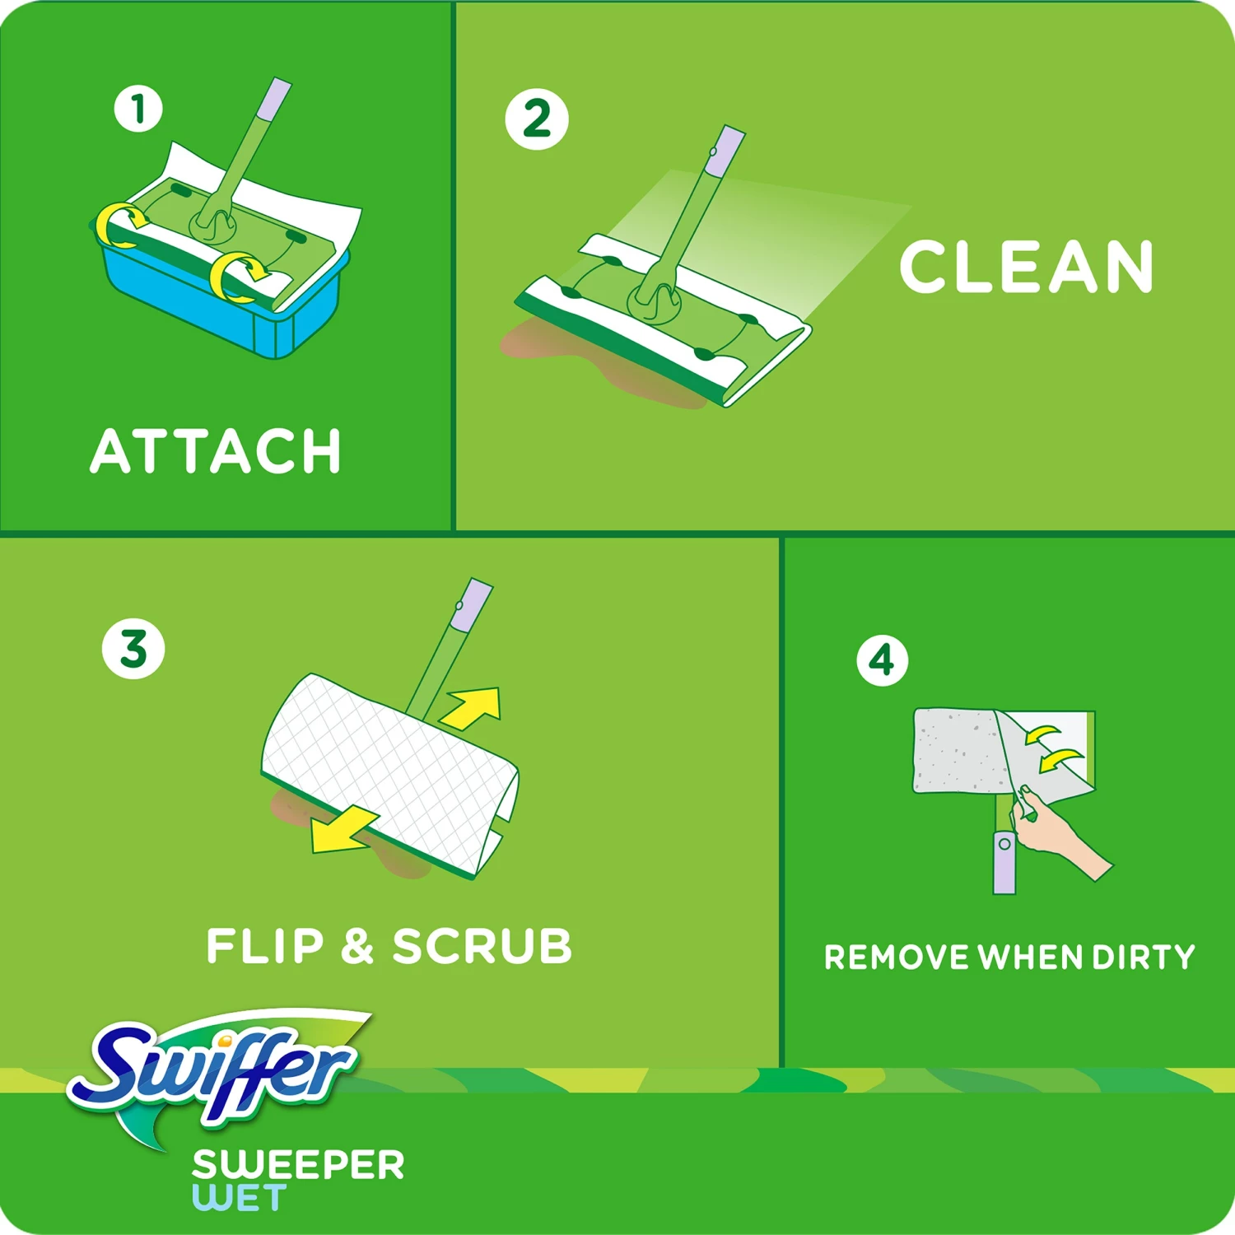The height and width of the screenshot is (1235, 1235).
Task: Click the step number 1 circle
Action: click(x=138, y=109)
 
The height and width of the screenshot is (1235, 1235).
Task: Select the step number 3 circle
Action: click(x=133, y=649)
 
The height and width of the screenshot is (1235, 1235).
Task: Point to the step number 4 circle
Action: click(x=882, y=659)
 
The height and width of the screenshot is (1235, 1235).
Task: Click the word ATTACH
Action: click(x=216, y=451)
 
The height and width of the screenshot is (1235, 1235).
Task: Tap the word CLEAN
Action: click(x=1026, y=267)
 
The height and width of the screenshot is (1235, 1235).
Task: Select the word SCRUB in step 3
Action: click(x=482, y=946)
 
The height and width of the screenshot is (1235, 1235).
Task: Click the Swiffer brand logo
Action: click(x=218, y=1070)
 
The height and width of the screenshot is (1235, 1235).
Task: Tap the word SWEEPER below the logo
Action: click(x=298, y=1165)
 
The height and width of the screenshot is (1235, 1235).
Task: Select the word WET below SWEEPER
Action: click(x=240, y=1198)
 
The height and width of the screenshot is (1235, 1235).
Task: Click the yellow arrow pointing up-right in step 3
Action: click(x=474, y=708)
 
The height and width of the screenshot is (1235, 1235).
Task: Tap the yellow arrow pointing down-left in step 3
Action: click(x=342, y=832)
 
